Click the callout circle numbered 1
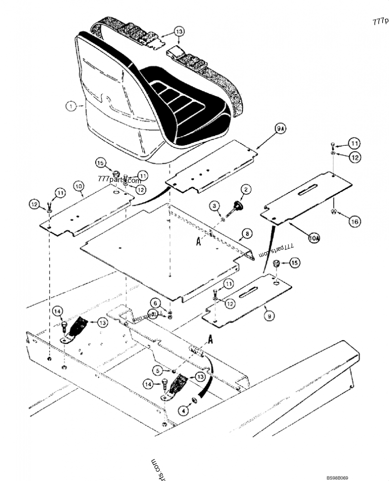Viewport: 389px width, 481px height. pos(71,105)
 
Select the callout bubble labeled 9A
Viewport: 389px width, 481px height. pos(280,130)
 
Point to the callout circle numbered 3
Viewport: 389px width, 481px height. pos(183,411)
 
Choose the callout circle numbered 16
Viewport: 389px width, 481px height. pos(354,222)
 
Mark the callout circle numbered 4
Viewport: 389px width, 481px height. pos(183,411)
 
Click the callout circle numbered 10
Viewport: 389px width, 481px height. pos(79,186)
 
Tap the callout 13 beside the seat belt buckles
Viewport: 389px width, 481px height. pos(179,32)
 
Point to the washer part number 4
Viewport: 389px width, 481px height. pos(194,400)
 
